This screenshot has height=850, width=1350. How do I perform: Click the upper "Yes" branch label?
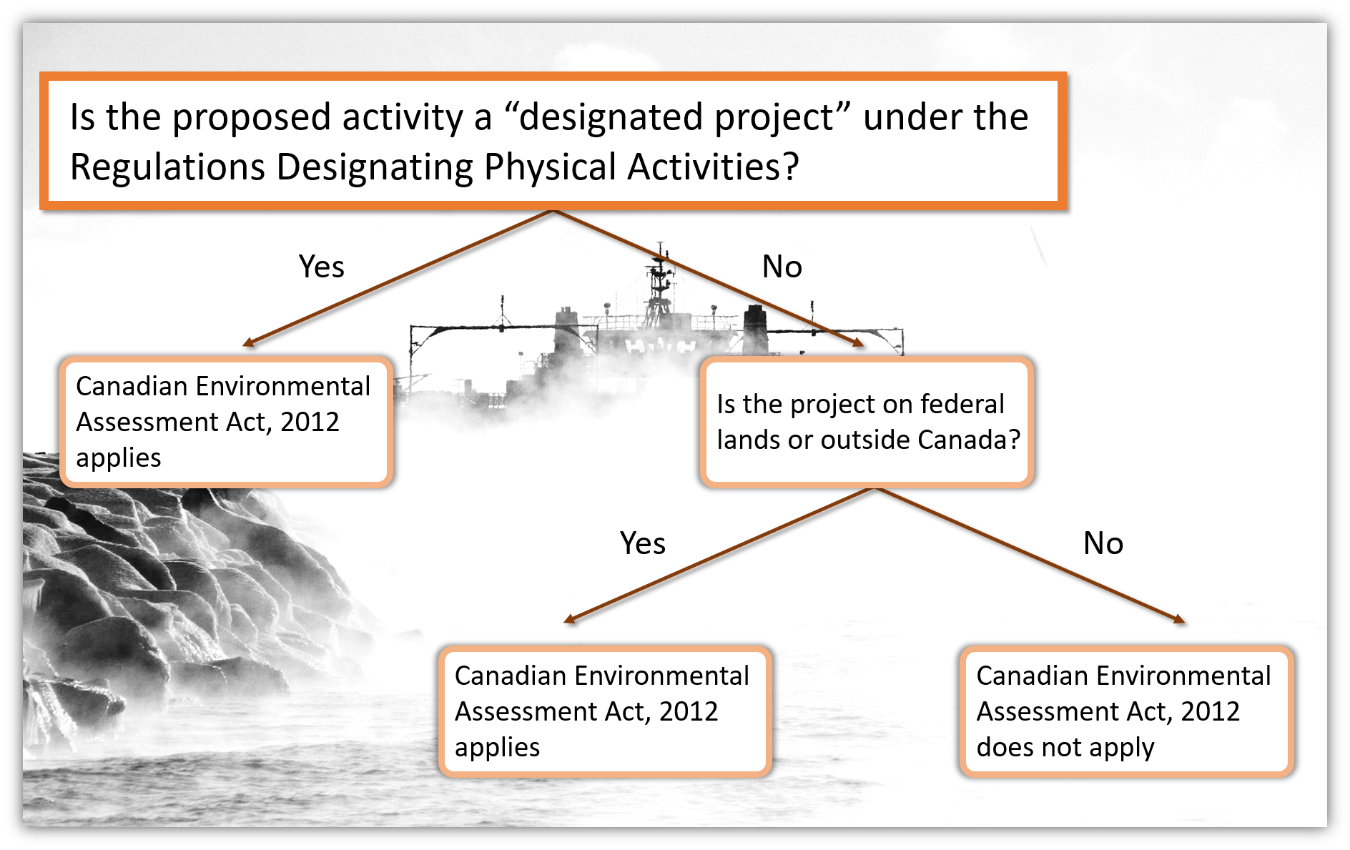[322, 267]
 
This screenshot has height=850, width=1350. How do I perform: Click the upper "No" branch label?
[782, 267]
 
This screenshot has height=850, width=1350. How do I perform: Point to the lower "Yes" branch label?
[643, 543]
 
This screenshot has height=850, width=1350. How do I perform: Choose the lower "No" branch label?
[1103, 543]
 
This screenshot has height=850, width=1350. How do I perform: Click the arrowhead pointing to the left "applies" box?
[248, 343]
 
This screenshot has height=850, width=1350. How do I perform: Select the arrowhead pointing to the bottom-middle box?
[570, 619]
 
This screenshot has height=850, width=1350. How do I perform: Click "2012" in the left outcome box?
[310, 422]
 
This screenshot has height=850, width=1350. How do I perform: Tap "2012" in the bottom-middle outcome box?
[689, 712]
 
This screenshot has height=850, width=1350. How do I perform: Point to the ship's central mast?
[659, 286]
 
